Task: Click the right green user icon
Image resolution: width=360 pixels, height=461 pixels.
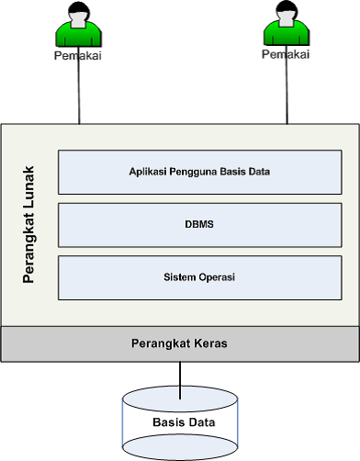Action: [285, 26]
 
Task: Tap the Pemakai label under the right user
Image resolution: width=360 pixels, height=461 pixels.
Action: [285, 55]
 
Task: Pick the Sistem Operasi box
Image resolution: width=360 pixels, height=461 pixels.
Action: [199, 276]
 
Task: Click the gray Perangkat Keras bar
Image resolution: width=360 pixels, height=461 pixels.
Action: [180, 343]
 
